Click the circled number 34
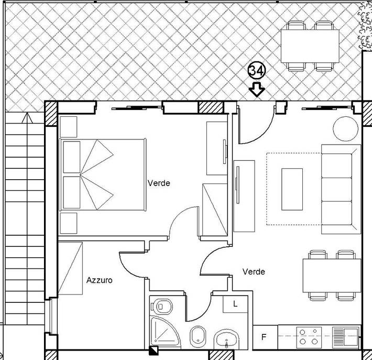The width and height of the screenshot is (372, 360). pos(257,71)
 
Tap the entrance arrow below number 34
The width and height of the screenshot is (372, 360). pos(257,90)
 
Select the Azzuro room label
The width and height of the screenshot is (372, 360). pos(100,280)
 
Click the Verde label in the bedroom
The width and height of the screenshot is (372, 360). pos(159,183)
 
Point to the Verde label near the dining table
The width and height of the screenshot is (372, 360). pos(254,272)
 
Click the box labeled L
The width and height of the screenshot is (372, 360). pos(235,303)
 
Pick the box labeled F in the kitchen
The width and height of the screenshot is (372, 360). pos(264,336)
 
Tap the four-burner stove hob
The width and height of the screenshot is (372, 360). pos(309,336)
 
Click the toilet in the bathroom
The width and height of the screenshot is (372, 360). pos(162,306)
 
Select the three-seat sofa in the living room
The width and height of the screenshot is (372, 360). pos(341,189)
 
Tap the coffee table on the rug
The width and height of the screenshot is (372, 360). pos(292,188)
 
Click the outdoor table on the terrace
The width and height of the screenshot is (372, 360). pos(310,46)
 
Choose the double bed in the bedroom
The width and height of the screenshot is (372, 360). pos(103,174)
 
